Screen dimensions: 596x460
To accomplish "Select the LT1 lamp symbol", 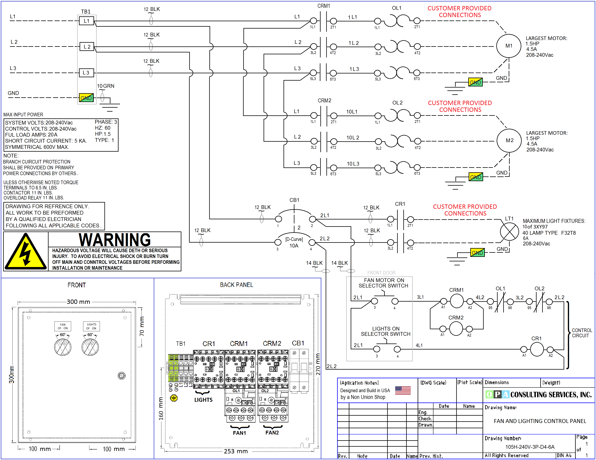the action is (x=509, y=232).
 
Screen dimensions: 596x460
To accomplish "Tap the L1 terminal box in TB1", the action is (x=87, y=21).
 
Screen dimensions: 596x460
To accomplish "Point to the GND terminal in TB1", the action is (x=86, y=98).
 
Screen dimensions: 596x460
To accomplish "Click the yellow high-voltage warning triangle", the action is (x=26, y=251).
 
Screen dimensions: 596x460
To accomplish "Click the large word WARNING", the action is (x=115, y=240).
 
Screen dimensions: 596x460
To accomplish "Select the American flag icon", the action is (x=403, y=390).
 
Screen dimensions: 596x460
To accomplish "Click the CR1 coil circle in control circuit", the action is (x=537, y=349).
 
